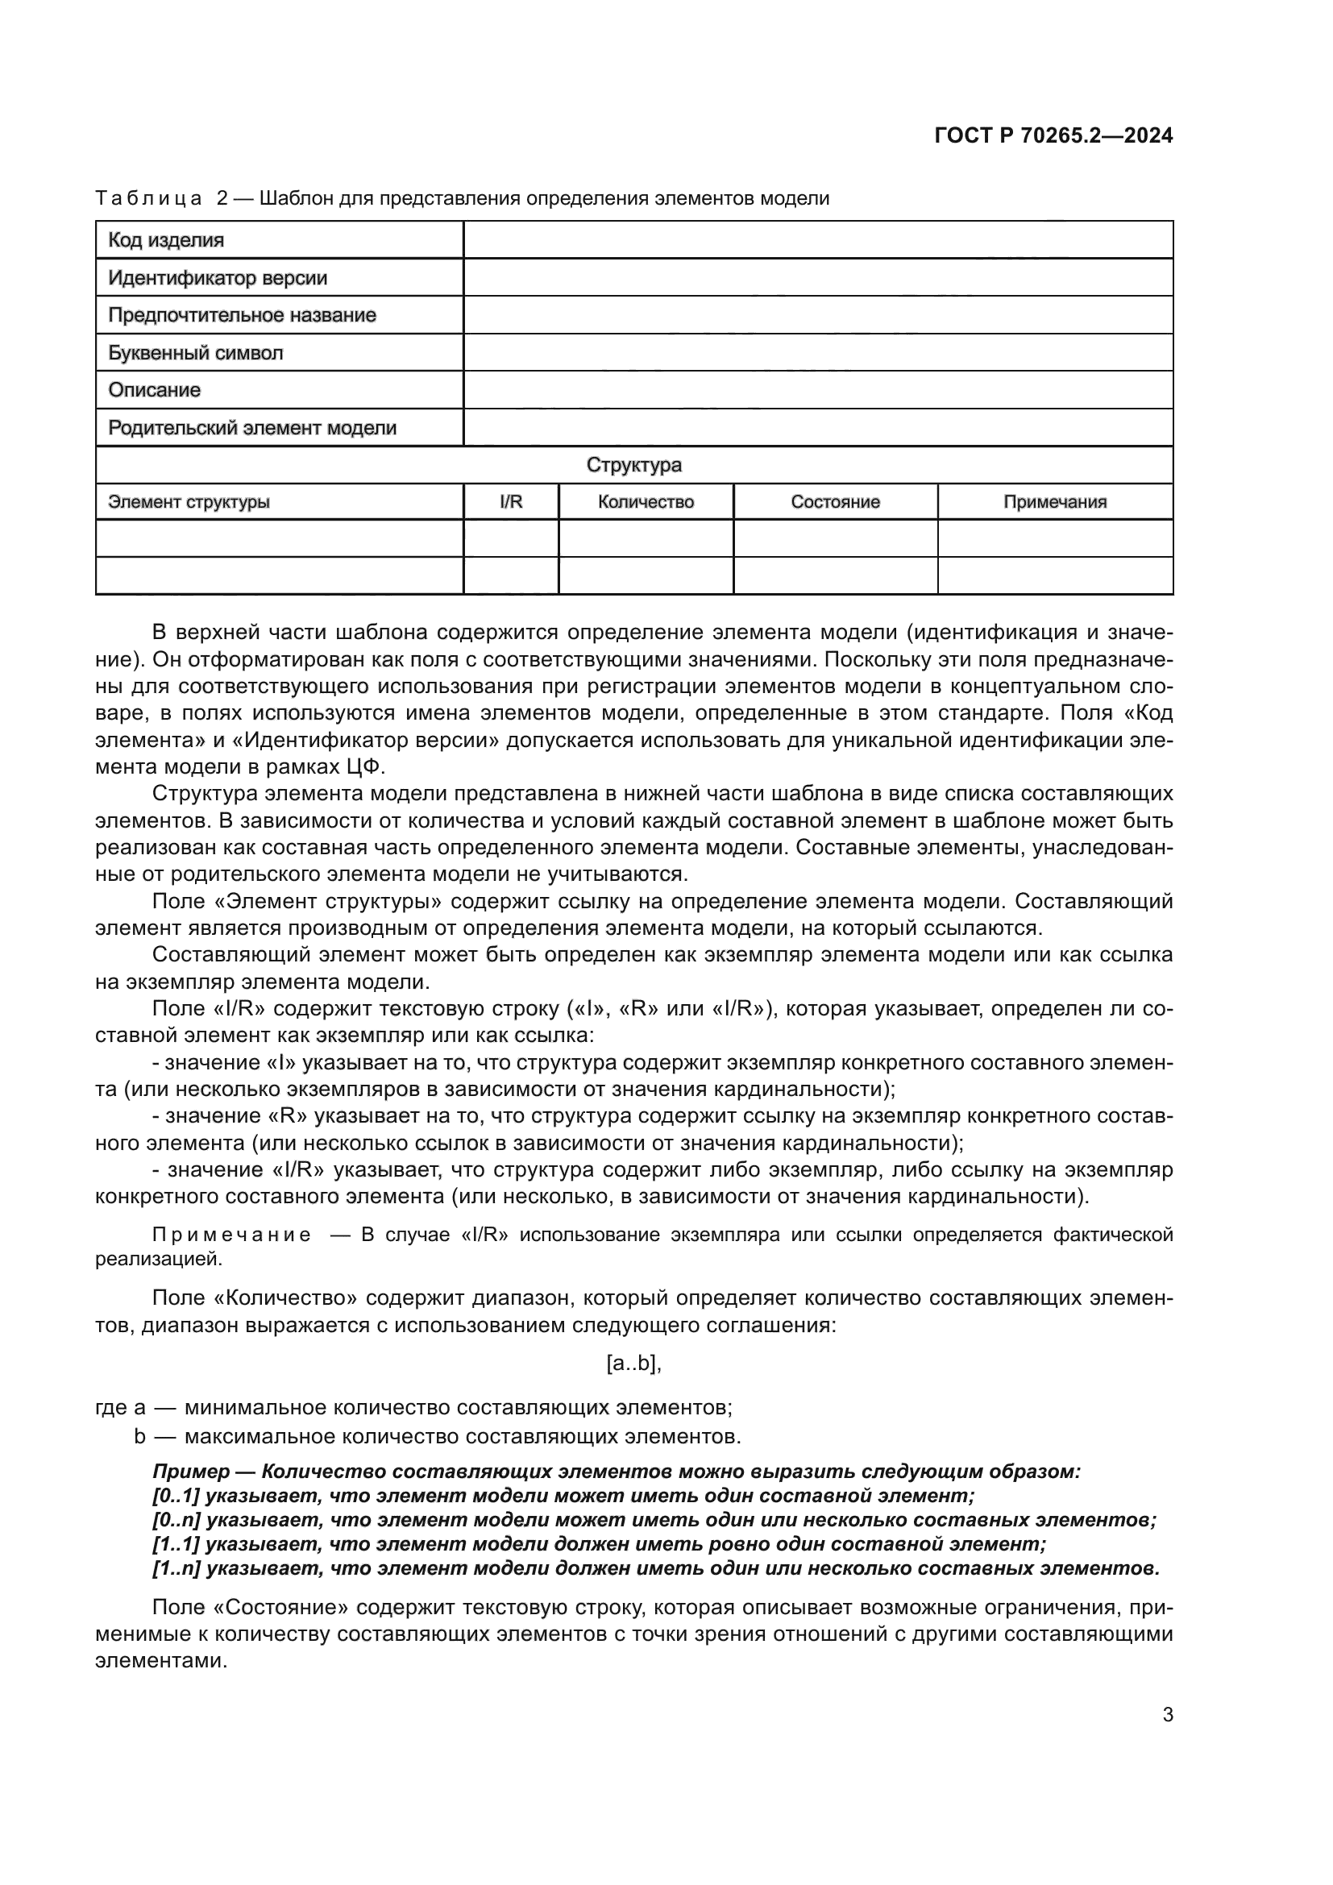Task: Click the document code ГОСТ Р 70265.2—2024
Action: pos(1053,136)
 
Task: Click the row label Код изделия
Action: pos(167,240)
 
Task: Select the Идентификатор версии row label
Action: pos(218,278)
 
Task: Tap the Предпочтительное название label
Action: pos(242,315)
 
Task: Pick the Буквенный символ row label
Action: pos(195,353)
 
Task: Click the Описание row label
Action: pos(154,390)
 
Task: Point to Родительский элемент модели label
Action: pos(252,428)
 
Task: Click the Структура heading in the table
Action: pos(633,466)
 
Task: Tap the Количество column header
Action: pos(646,502)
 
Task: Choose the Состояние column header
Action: pos(835,502)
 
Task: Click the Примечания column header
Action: pos(1055,502)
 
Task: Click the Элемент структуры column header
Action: pos(189,502)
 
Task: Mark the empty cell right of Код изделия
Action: pos(817,240)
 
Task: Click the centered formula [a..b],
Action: pos(633,1364)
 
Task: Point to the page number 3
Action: pos(1167,1715)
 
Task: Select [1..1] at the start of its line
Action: pos(176,1544)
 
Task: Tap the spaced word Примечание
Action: pos(230,1235)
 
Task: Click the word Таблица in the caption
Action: pos(148,199)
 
